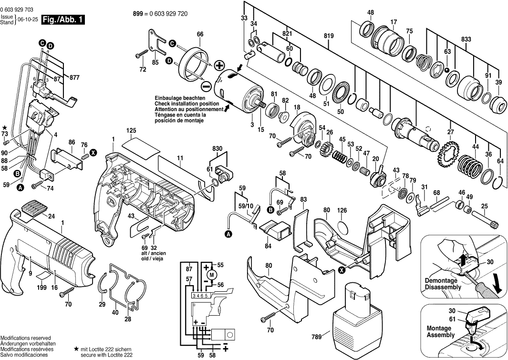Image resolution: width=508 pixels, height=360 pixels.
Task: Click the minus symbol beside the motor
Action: tap(206, 86)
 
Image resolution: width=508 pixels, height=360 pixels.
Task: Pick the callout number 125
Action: tap(132, 130)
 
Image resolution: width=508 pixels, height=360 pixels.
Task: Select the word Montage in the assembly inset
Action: tap(439, 329)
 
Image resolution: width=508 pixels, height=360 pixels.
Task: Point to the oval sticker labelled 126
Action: tap(342, 226)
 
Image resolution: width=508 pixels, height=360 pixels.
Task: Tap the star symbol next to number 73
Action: tap(5, 128)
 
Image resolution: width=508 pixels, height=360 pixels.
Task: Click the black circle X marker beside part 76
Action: tap(94, 153)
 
